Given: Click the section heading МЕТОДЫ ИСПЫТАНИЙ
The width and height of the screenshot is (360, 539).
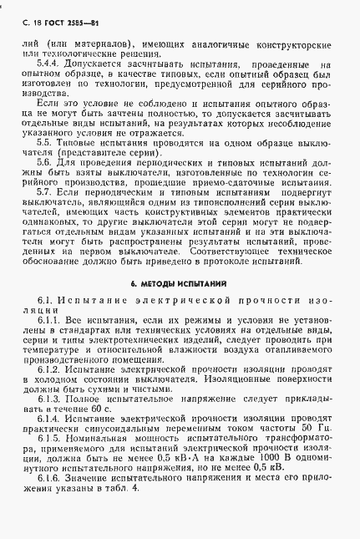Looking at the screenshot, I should (185, 284).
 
